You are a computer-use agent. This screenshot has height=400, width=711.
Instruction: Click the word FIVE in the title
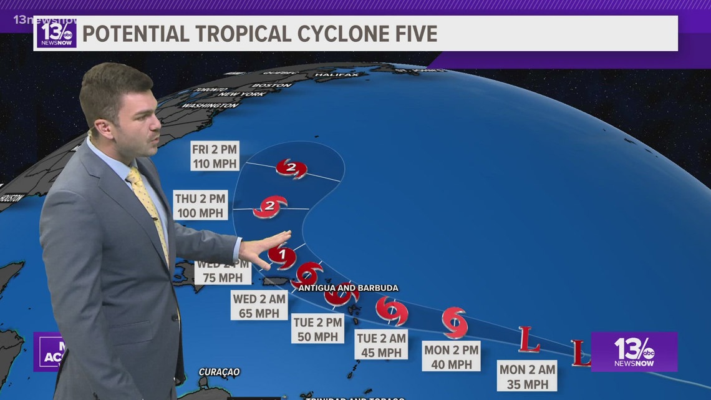point(408,34)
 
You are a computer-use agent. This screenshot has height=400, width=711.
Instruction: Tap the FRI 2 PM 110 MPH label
point(215,158)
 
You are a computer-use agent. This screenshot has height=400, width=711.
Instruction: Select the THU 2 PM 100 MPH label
point(200,206)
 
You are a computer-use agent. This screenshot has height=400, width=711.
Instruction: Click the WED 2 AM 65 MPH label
point(259,306)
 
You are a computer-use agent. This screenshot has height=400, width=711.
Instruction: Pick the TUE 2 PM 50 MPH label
point(317,329)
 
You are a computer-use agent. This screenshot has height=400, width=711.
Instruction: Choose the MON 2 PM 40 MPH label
point(451,357)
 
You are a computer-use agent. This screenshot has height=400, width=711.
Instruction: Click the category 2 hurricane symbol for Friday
point(291,167)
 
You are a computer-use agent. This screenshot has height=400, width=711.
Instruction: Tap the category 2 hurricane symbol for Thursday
point(270,207)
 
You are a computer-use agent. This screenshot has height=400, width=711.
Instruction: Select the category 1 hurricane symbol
point(282,255)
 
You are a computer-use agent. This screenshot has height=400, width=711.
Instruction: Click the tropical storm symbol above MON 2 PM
point(455,322)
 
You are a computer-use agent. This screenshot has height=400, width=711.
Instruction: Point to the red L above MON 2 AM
point(529,340)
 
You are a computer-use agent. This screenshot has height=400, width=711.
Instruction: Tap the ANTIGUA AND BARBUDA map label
point(348,288)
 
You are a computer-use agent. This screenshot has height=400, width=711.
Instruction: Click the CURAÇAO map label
point(219,372)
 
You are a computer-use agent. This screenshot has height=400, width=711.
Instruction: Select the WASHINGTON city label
point(210,105)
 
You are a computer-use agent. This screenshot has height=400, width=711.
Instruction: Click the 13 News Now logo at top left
point(57,33)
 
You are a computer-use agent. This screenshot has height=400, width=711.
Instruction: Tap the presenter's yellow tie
point(150,212)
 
